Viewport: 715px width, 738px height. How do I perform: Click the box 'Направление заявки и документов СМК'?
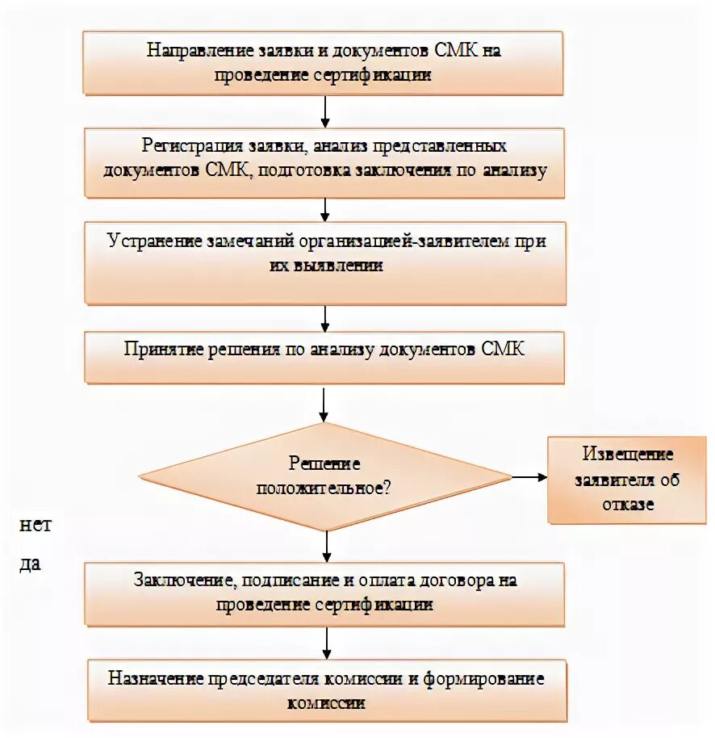pyautogui.click(x=325, y=63)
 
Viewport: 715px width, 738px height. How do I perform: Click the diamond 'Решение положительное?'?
pyautogui.click(x=325, y=476)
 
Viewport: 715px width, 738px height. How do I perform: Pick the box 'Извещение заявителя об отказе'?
pyautogui.click(x=627, y=480)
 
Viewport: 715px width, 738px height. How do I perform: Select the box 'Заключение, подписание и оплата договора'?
pyautogui.click(x=325, y=593)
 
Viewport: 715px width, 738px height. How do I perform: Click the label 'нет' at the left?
pyautogui.click(x=36, y=525)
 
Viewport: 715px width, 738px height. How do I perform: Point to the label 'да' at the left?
pyautogui.click(x=31, y=564)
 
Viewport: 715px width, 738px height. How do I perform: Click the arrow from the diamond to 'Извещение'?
pyautogui.click(x=529, y=476)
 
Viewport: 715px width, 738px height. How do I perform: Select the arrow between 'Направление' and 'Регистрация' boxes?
pyautogui.click(x=325, y=111)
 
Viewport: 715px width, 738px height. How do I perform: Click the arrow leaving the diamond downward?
pyautogui.click(x=325, y=546)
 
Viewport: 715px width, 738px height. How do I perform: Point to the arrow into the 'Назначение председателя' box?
pyautogui.click(x=325, y=644)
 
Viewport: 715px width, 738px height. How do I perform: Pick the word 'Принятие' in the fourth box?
pyautogui.click(x=160, y=348)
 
